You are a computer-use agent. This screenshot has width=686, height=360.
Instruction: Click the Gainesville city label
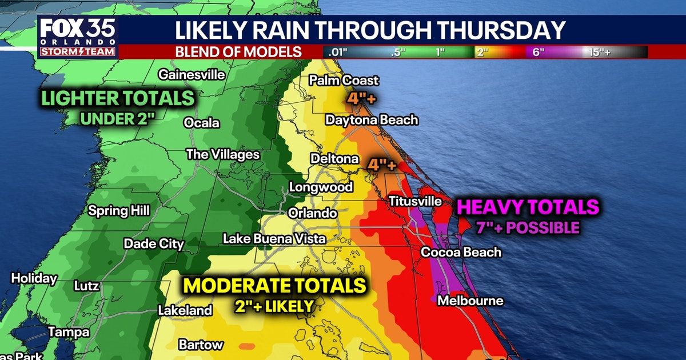pos(192,75)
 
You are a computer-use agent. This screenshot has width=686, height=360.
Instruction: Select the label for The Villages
pos(223,154)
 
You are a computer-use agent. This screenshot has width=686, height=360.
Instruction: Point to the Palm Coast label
pos(344,81)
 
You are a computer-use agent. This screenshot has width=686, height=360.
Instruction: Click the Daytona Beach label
pos(372,120)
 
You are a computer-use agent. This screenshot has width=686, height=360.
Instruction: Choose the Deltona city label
pos(334,158)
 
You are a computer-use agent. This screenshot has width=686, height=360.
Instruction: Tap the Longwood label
pos(321,187)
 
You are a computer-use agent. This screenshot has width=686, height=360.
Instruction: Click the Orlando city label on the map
pos(312,213)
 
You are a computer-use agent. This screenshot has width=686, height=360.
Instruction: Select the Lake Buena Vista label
pos(274,238)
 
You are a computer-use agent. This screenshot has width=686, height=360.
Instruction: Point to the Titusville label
pos(415,201)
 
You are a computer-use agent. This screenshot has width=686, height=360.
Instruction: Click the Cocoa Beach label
pos(461,252)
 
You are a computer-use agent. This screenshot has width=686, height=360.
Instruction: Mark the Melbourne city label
pos(470,301)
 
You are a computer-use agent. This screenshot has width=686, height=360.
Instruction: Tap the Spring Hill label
pos(119,210)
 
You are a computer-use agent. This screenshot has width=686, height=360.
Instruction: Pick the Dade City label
pos(154,244)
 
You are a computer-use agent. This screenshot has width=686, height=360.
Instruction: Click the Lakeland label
pos(185,310)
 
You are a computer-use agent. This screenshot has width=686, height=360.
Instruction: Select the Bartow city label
pos(201,345)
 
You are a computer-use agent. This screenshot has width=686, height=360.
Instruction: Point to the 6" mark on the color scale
pos(539,52)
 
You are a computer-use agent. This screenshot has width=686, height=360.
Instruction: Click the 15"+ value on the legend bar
pos(600,52)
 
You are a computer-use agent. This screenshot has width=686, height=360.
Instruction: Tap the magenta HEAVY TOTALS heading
pos(528,207)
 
